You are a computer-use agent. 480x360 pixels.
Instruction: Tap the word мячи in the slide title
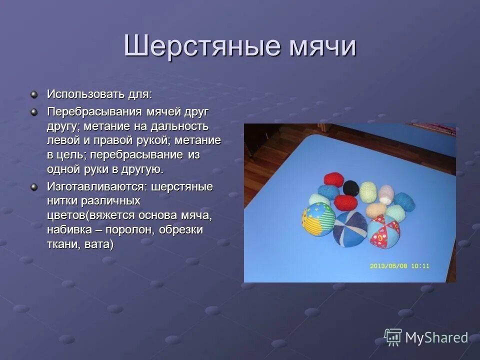point(321,46)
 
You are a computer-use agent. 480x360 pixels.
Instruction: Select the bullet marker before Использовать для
point(34,94)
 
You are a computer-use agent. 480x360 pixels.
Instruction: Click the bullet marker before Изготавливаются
point(34,187)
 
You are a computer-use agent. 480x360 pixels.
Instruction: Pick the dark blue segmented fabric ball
point(349,226)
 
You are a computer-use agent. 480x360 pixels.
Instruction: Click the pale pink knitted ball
point(386,193)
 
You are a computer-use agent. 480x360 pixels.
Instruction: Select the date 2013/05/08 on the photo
point(388,266)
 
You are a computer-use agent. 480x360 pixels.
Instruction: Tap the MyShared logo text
point(436,337)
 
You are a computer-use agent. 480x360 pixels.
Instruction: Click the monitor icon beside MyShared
point(393,337)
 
